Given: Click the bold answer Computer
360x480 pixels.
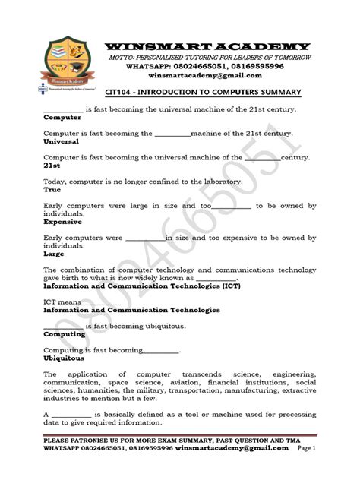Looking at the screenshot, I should [62, 119].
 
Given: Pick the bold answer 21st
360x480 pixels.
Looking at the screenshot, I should [52, 164].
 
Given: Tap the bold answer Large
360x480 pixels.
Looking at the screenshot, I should [53, 254].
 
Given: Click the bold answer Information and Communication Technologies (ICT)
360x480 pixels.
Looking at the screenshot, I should [131, 287].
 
